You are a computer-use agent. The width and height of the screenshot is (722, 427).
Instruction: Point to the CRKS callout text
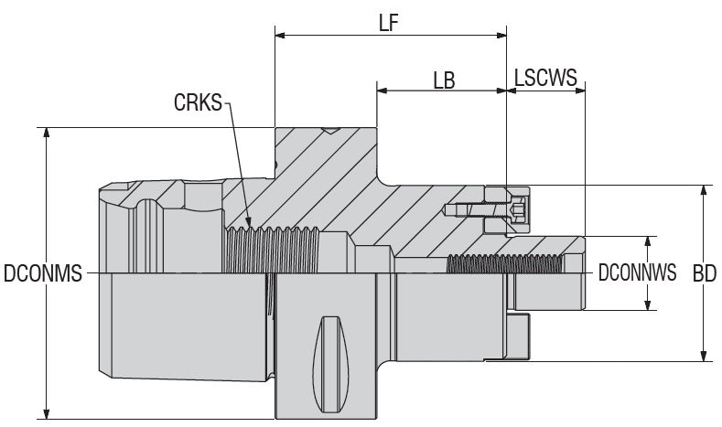(198, 102)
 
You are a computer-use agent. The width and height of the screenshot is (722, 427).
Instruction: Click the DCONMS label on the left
(43, 272)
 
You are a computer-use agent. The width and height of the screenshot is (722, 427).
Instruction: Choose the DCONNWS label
(636, 272)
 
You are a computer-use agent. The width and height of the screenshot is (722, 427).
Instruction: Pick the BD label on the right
(704, 272)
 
